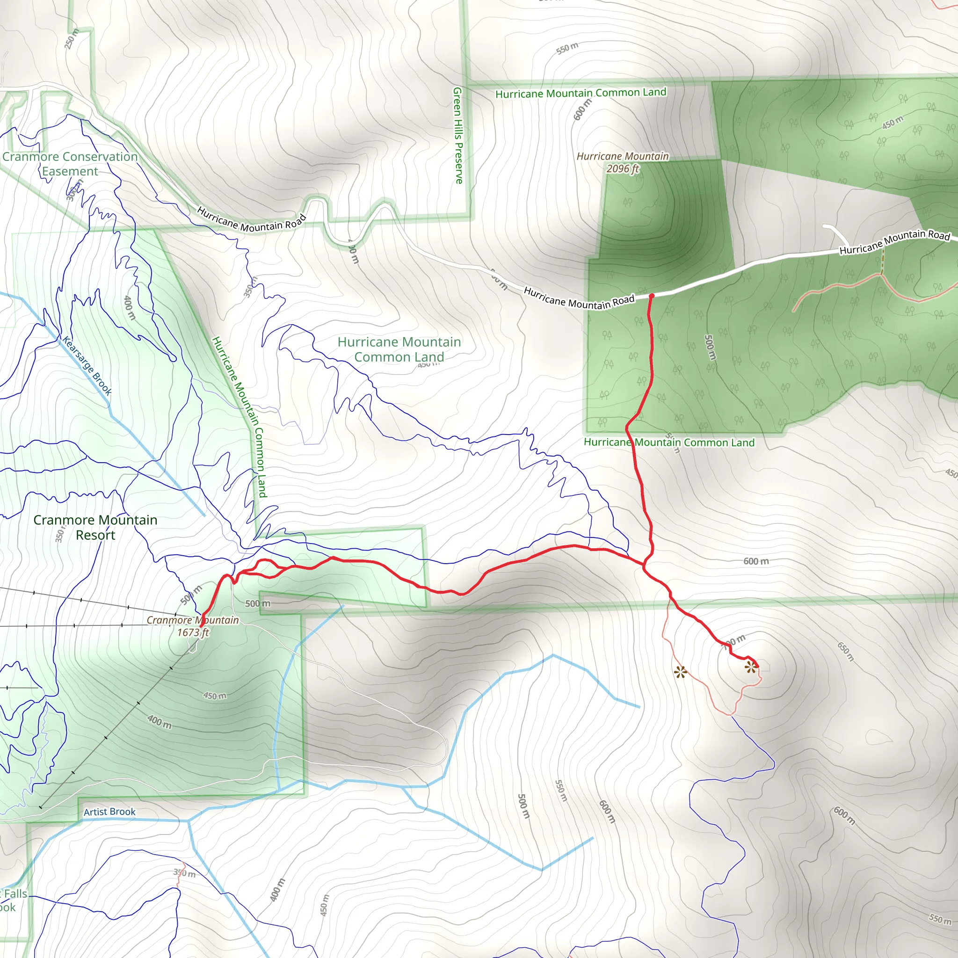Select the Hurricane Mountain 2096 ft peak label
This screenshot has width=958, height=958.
tap(622, 163)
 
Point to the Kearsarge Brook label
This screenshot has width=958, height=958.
tap(87, 365)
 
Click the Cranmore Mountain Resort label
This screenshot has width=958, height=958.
tap(95, 527)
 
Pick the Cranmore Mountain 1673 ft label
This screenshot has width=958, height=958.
tap(193, 626)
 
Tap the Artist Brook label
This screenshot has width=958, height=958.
tap(109, 812)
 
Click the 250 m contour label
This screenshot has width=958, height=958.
tap(72, 39)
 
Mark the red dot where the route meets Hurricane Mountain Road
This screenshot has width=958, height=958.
tap(652, 296)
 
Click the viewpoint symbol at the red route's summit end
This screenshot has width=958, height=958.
tap(751, 668)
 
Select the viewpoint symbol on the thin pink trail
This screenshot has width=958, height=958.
tap(680, 672)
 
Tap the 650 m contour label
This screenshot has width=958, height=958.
tap(846, 652)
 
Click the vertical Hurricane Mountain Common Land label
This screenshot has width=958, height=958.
tap(239, 416)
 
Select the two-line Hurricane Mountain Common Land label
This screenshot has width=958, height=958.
tap(399, 349)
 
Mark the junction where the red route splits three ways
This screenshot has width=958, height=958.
tap(644, 565)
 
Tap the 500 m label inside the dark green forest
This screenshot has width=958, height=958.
tap(710, 347)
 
